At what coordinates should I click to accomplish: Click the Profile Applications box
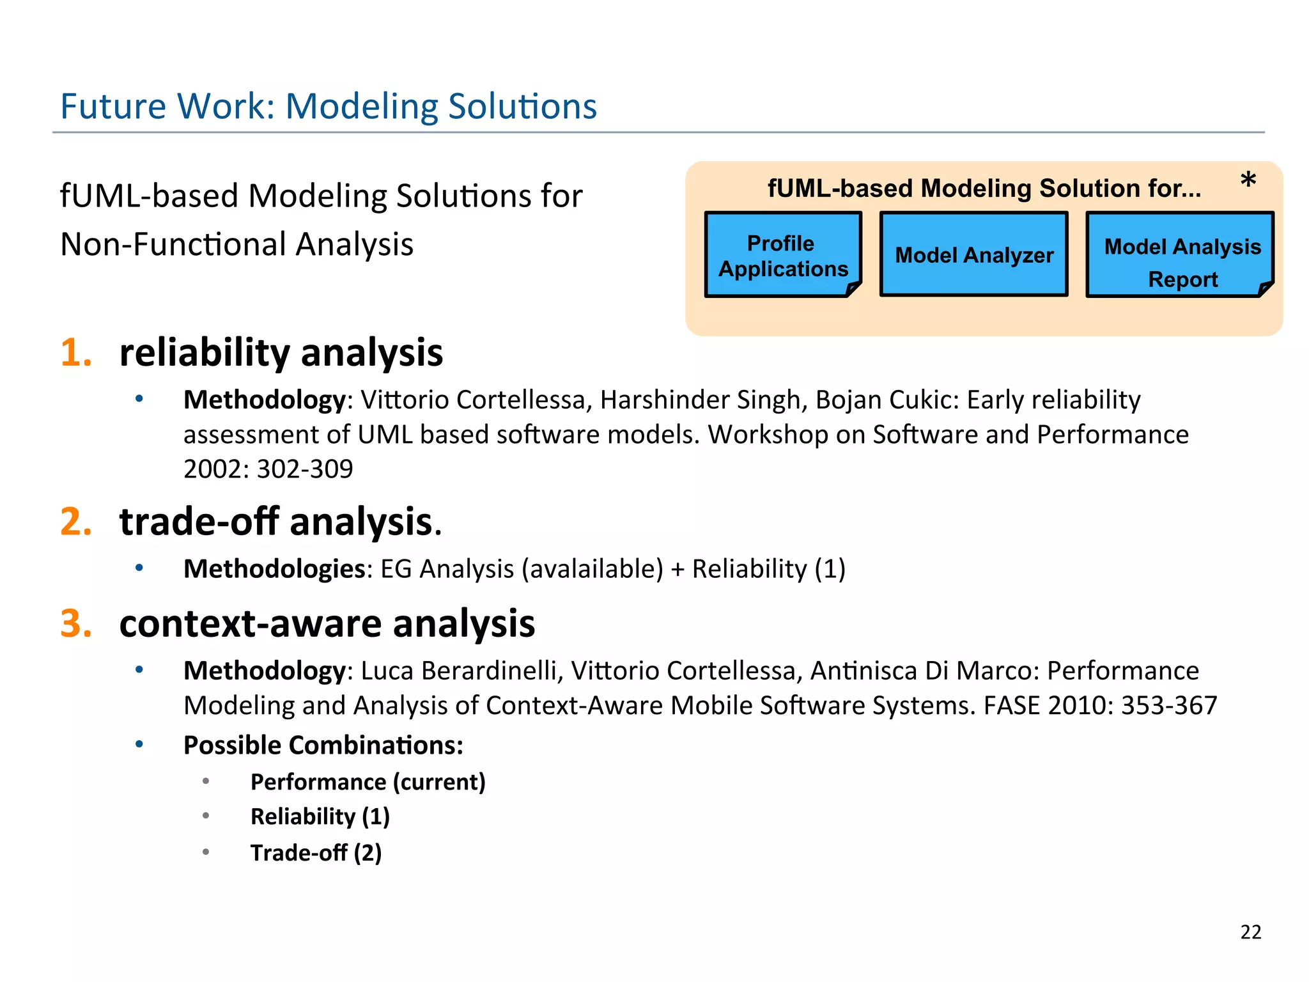point(783,255)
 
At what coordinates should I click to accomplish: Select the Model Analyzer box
point(973,254)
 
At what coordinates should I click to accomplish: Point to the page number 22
point(1251,932)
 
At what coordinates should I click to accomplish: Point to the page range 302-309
point(305,469)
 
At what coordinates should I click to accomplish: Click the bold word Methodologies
point(274,568)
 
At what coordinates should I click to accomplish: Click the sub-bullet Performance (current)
point(368,782)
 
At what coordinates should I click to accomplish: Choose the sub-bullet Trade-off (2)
point(316,853)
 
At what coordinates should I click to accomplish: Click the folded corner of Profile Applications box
point(853,289)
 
